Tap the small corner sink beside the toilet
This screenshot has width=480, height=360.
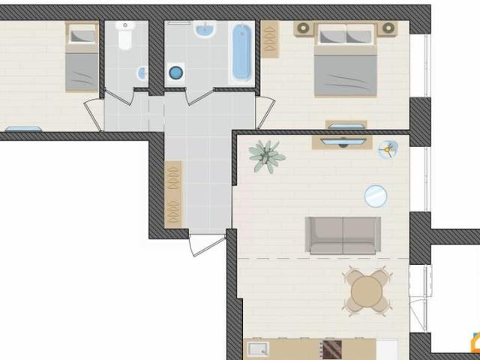(x=142, y=73)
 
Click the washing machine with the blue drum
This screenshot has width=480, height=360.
(x=175, y=73)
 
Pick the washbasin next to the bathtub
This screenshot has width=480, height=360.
(x=204, y=30)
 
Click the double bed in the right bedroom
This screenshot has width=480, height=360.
(x=345, y=60)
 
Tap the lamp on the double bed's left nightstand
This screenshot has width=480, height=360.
(x=304, y=28)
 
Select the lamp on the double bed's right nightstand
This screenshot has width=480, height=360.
(x=388, y=28)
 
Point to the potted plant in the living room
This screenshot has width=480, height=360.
(x=265, y=156)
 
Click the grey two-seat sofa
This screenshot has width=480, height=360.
(x=343, y=235)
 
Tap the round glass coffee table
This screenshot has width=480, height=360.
(x=376, y=196)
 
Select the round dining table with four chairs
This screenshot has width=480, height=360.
(x=367, y=291)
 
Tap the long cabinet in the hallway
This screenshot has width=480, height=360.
(x=173, y=193)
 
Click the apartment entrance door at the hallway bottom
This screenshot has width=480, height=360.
(x=206, y=243)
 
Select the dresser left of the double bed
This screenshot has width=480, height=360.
(x=270, y=39)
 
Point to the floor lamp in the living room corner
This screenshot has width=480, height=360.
(x=388, y=150)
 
